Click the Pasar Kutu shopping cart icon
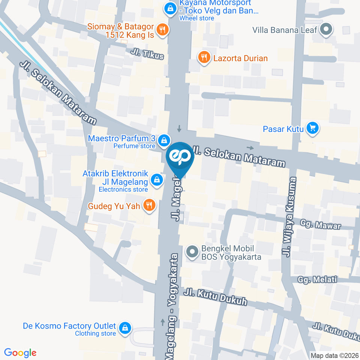click(x=312, y=129)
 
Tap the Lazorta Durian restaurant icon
click(x=204, y=58)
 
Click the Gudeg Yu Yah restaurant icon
click(x=149, y=205)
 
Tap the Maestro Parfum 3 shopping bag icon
click(x=163, y=141)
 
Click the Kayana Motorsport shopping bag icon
click(x=171, y=8)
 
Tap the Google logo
click(x=20, y=352)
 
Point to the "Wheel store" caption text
click(x=196, y=18)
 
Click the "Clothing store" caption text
click(x=95, y=333)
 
